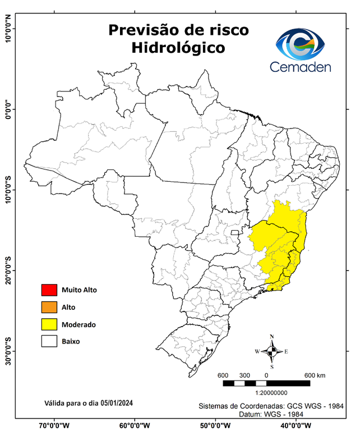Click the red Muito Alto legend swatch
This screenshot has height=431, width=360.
point(49,290)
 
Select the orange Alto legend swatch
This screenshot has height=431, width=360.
point(49,307)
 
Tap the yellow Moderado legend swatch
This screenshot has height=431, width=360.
point(49,324)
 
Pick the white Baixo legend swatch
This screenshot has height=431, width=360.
point(49,341)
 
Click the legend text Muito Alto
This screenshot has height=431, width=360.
point(79,290)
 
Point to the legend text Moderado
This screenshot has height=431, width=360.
point(79,324)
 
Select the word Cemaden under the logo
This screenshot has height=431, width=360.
point(300,67)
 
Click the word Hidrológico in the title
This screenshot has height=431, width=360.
point(178,48)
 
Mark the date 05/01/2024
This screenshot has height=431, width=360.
point(117,403)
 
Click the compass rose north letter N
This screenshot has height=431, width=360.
point(272,337)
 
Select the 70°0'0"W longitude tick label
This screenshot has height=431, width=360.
point(54,425)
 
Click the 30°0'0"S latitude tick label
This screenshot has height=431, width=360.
point(8,351)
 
